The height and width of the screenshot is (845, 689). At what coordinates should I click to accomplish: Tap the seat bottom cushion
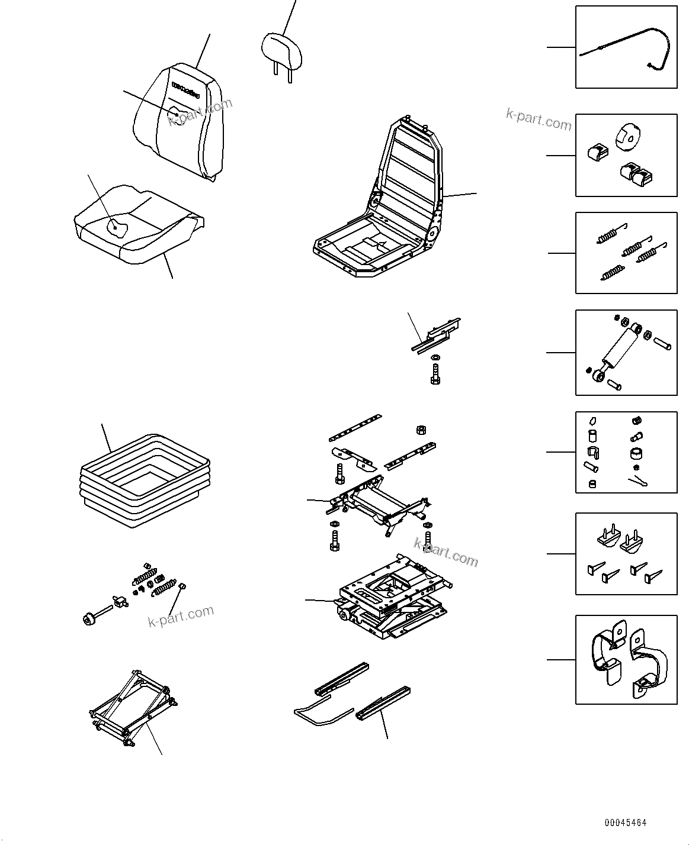click(x=139, y=228)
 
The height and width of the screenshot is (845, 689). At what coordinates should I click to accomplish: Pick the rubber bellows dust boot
click(x=145, y=479)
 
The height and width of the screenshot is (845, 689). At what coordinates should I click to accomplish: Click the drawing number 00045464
click(x=626, y=823)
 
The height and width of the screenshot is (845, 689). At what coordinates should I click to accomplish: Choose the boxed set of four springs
click(x=626, y=253)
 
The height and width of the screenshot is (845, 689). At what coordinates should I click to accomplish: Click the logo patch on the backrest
click(x=188, y=87)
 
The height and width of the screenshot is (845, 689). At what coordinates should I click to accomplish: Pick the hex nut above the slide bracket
click(x=422, y=429)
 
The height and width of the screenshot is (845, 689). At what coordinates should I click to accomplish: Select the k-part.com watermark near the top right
click(x=539, y=120)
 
